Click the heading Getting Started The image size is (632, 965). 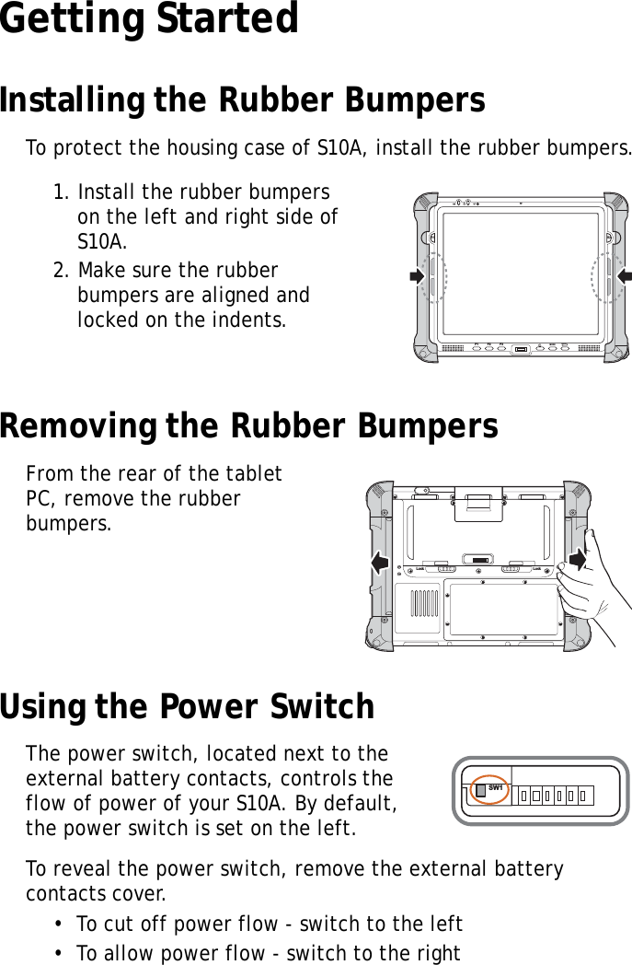point(149,20)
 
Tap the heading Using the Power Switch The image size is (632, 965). point(187,707)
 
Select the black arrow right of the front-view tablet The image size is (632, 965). point(624,275)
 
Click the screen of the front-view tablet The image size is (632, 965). point(520,273)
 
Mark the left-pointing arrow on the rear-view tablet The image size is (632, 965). point(378,561)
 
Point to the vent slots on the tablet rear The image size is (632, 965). point(422,604)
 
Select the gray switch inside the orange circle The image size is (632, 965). point(481,792)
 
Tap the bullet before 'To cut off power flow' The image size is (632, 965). point(58,924)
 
